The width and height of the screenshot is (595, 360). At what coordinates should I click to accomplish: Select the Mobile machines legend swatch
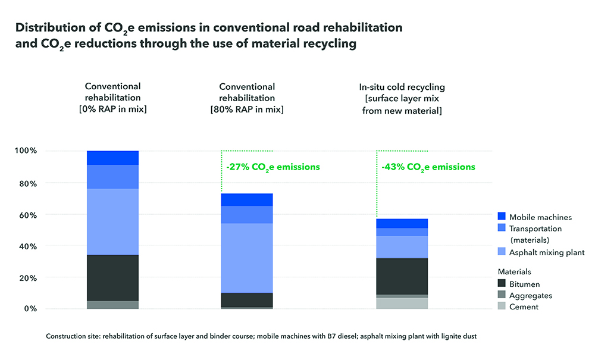501,217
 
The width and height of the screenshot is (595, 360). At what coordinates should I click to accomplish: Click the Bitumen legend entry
524,284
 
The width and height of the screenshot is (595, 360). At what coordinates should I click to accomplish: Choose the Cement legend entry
524,306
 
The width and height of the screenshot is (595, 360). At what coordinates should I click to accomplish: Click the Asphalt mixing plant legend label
547,252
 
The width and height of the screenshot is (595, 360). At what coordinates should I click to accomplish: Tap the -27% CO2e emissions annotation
273,167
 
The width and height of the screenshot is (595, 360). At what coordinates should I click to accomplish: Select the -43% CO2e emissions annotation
428,167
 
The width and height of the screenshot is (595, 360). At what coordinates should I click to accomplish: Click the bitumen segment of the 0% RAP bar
113,278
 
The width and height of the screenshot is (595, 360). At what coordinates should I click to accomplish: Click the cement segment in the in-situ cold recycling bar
402,303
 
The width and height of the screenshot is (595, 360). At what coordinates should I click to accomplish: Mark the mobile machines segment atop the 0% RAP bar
113,158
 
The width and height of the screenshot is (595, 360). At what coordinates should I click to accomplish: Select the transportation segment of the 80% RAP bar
247,214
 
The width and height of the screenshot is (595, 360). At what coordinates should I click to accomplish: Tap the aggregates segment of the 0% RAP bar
113,305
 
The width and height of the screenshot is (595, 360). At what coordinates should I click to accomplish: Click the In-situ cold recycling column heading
402,87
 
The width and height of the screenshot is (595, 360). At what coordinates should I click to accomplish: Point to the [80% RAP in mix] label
247,109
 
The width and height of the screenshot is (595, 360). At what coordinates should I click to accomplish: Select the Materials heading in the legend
515,271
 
